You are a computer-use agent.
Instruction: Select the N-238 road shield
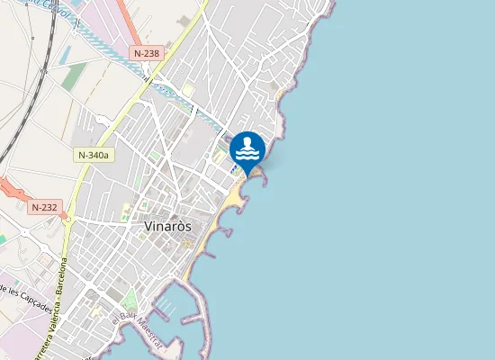146,53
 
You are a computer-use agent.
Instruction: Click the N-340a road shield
93,155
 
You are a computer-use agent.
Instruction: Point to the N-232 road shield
44,207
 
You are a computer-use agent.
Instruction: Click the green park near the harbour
131,300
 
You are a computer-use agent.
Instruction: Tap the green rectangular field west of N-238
75,76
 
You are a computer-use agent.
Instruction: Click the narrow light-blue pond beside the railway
66,55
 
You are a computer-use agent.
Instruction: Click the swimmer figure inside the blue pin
247,144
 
